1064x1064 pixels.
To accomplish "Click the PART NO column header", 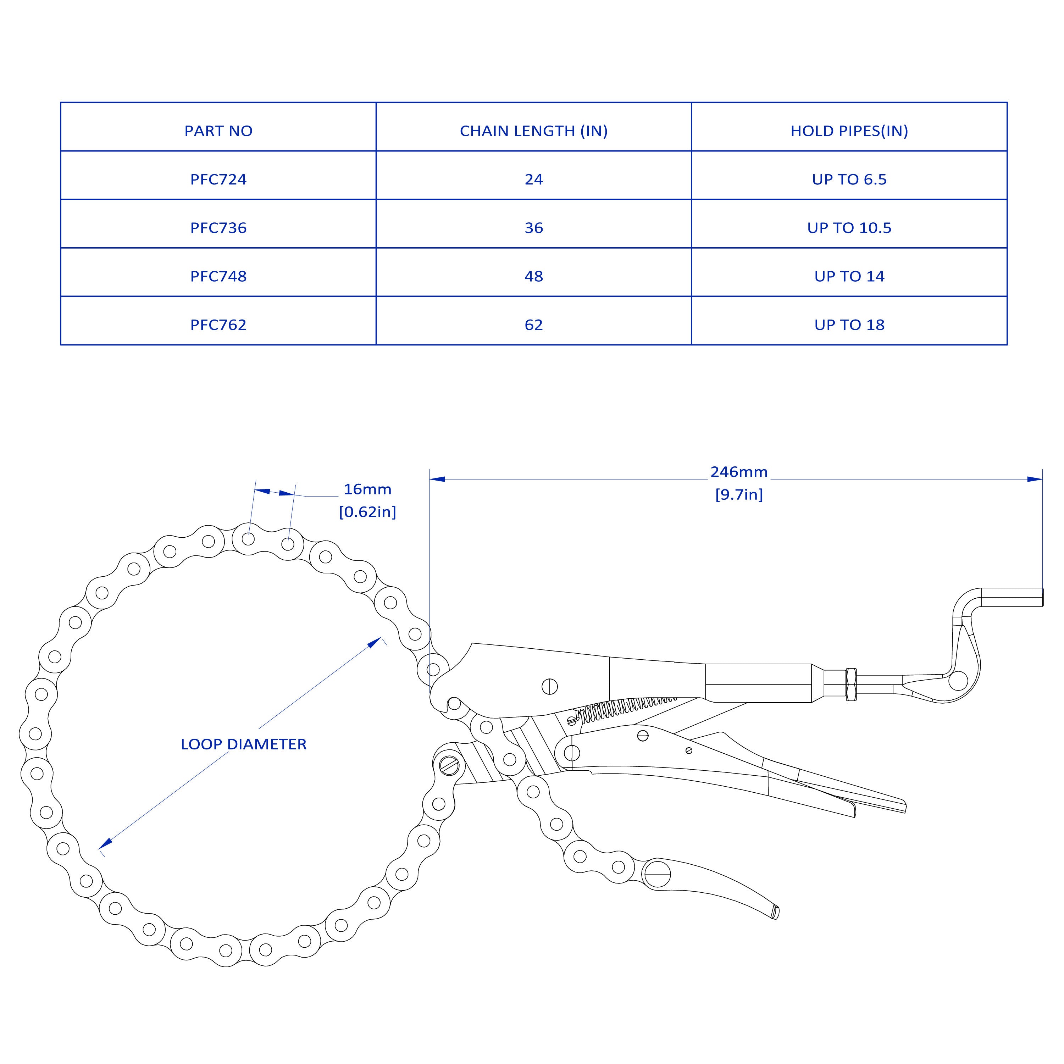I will point(218,131).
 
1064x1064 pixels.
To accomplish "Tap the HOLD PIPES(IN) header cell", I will point(849,131).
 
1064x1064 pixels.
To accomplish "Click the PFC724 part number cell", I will point(218,179).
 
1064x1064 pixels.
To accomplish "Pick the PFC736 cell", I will point(218,228).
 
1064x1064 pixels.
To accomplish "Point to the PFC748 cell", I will point(218,277).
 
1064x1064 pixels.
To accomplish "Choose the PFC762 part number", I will point(218,325).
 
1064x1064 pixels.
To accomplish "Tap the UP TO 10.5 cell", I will point(849,228).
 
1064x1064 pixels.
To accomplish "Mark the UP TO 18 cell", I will point(849,325).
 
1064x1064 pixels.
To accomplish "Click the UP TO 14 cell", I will point(849,277).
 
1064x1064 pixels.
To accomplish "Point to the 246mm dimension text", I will point(738,472).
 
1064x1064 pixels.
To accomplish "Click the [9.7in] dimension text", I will point(738,494).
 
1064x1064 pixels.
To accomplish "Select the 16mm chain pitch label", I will point(367,489).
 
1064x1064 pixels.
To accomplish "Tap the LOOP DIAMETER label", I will point(243,744).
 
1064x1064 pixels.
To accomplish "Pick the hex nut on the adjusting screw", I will point(850,684).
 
